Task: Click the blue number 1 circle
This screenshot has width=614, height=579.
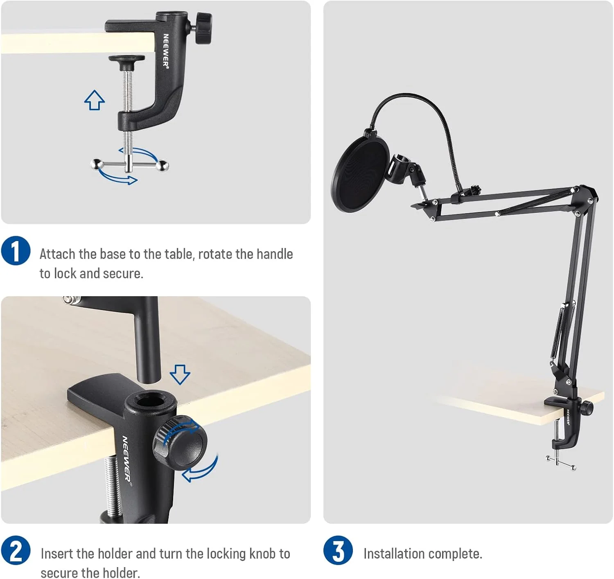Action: point(16,250)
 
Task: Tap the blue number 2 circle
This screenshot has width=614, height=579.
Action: point(16,550)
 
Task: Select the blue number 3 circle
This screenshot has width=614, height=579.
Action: point(338,550)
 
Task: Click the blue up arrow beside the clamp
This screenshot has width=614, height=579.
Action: point(95,100)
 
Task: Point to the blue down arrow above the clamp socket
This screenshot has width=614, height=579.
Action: point(180,374)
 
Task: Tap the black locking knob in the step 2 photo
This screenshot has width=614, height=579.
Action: point(180,443)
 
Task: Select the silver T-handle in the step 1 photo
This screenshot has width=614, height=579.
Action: point(129,165)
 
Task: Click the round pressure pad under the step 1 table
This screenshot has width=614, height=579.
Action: point(127,59)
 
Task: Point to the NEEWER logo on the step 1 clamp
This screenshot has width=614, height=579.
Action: point(166,50)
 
